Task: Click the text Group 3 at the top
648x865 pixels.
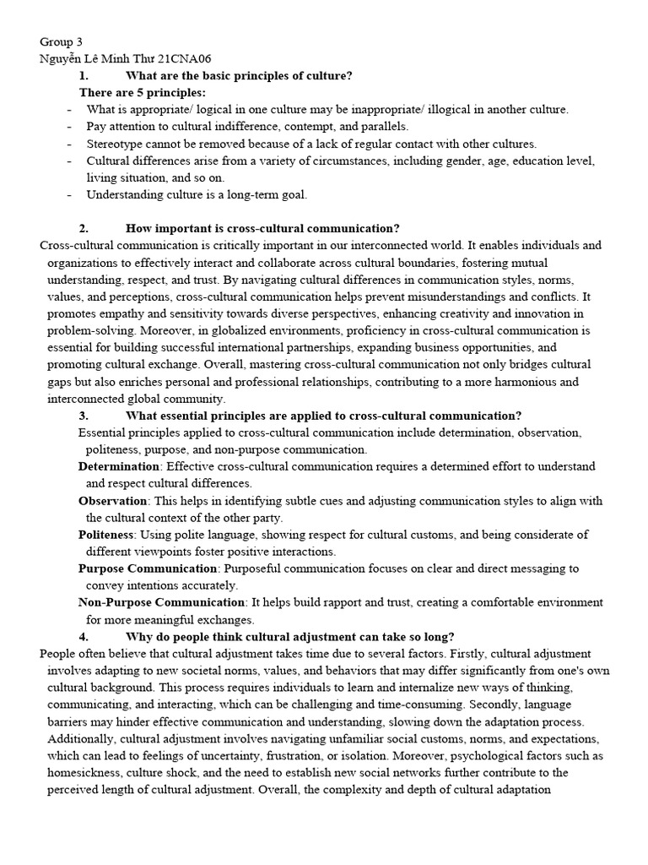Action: click(62, 42)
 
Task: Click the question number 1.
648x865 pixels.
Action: click(84, 76)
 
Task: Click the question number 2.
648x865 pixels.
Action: click(84, 229)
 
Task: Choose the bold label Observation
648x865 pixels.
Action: click(113, 501)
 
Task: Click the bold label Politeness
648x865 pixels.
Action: click(106, 535)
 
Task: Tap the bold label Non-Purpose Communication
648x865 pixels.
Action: click(161, 602)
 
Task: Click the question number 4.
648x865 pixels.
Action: click(84, 637)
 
